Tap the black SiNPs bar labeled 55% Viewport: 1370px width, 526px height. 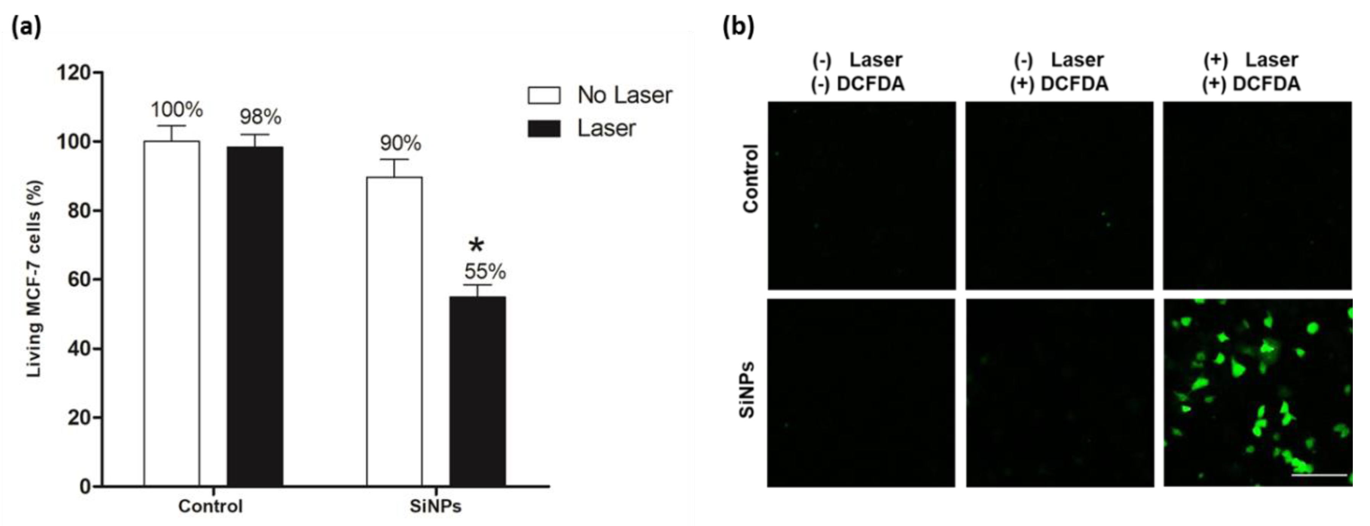click(x=478, y=391)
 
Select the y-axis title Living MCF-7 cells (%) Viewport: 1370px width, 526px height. click(x=34, y=279)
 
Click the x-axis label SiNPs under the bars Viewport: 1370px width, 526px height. click(x=436, y=506)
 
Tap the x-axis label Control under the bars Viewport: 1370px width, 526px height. click(x=211, y=506)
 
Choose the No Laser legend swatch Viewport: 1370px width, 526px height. click(x=544, y=95)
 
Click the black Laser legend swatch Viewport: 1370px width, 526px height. click(x=544, y=129)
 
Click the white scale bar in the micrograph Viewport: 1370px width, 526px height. click(x=1319, y=475)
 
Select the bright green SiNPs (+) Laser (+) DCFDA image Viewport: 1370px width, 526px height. click(x=1257, y=392)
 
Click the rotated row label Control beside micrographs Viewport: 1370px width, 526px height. click(x=750, y=178)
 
